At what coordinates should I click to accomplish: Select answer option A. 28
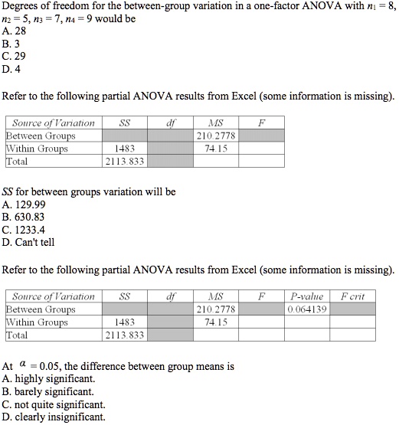[x=15, y=31]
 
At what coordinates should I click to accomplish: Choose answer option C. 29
[x=15, y=56]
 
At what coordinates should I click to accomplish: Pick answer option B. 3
[x=11, y=44]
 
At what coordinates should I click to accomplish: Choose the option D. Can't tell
[x=28, y=243]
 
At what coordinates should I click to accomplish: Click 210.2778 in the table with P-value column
[x=217, y=309]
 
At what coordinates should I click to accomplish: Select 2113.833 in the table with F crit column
[x=124, y=335]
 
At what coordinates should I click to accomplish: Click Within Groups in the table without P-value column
[x=37, y=149]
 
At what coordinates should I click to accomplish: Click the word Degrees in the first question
[x=21, y=6]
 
